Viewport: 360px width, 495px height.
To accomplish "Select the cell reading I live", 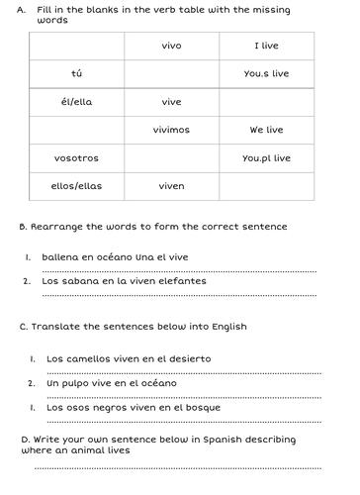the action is click(268, 46).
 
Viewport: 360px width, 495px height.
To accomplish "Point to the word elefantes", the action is click(184, 280).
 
